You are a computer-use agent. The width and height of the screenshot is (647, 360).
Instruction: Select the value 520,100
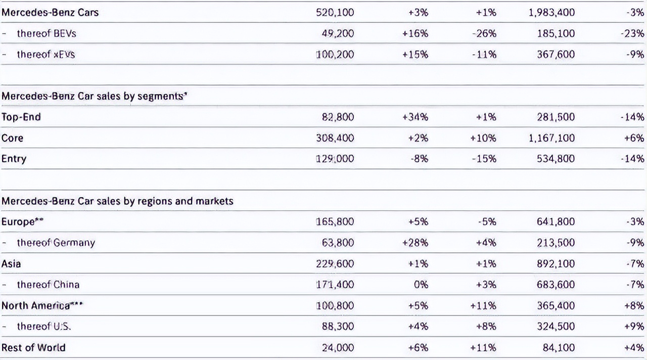tap(335, 13)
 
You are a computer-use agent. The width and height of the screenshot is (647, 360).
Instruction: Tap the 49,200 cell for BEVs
tap(338, 33)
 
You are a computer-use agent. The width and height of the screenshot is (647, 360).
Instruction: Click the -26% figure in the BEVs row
tap(486, 33)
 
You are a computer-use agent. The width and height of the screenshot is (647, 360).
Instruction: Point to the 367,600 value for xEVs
tap(556, 54)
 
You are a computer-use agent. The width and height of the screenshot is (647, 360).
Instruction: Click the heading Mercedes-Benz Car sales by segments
tap(95, 96)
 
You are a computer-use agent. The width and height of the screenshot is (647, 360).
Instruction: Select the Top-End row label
tap(21, 117)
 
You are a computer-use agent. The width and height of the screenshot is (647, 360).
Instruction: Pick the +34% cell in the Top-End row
tap(415, 117)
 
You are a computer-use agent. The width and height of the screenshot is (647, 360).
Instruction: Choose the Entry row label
tap(14, 159)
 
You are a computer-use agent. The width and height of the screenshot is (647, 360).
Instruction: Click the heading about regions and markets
tap(117, 201)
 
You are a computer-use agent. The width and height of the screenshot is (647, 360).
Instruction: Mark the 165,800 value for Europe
tap(335, 221)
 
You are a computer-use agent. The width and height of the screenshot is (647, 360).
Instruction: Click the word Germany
tap(74, 243)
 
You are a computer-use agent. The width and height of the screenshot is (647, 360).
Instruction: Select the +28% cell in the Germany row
tap(415, 243)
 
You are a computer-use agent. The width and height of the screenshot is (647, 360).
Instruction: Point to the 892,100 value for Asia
tap(556, 263)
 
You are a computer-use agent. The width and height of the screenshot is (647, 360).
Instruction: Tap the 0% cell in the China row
tap(421, 285)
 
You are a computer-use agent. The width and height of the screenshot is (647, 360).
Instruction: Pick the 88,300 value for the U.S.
tap(338, 327)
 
